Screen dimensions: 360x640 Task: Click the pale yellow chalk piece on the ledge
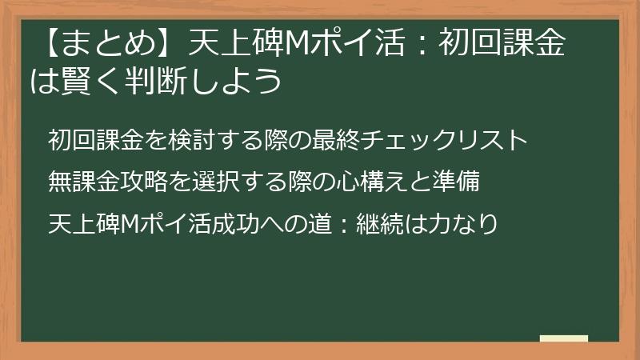tap(564, 338)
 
